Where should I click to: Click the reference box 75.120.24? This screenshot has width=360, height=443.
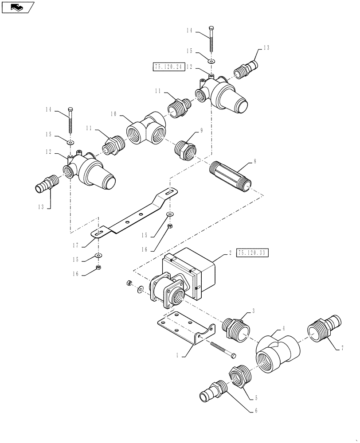[x=168, y=67]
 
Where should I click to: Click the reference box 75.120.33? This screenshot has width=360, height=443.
[x=253, y=253]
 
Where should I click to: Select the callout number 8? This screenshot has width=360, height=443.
[x=254, y=163]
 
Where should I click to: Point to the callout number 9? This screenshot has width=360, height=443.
[x=201, y=131]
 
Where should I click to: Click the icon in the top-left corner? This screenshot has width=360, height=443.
[x=17, y=7]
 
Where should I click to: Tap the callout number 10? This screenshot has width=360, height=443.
[x=113, y=114]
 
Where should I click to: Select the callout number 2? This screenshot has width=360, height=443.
[x=230, y=253]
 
